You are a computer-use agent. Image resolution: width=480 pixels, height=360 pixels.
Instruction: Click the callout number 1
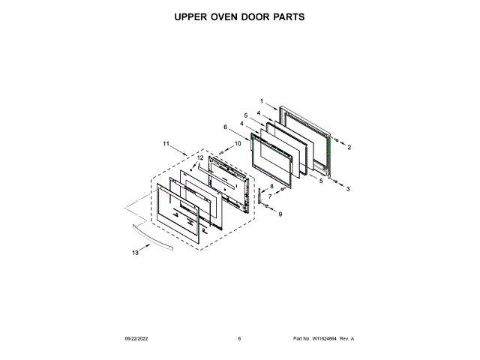click(262, 101)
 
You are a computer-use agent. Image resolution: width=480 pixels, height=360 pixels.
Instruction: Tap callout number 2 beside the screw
click(349, 148)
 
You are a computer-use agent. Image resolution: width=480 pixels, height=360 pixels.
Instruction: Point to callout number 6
click(225, 127)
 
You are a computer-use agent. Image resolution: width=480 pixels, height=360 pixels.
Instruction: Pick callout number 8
click(271, 185)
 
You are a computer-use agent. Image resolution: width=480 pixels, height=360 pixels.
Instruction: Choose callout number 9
click(280, 214)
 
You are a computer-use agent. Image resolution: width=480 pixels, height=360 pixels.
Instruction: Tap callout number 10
click(238, 142)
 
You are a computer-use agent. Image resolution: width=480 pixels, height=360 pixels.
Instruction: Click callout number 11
click(166, 142)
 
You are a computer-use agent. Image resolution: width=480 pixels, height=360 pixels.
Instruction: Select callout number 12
click(200, 157)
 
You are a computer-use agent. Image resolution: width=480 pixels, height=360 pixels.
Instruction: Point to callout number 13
click(136, 253)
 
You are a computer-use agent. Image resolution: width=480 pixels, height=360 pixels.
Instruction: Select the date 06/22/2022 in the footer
click(139, 339)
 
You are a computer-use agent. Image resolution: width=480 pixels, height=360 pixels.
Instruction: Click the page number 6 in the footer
click(239, 339)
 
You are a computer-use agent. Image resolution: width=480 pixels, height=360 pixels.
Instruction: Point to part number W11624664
click(324, 339)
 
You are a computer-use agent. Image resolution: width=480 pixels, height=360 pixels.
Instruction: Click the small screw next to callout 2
click(335, 140)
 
